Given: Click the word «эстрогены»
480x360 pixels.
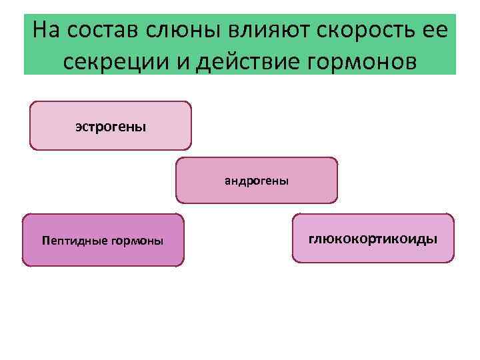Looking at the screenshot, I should click(x=111, y=125).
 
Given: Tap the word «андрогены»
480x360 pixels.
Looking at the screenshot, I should click(x=257, y=180).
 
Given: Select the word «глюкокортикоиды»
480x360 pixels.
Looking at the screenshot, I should click(x=373, y=238).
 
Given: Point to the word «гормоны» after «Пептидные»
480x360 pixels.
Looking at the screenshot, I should click(x=139, y=241).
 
